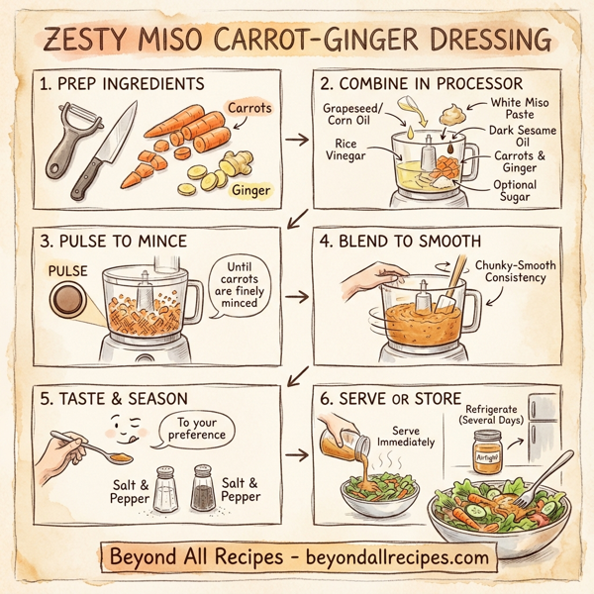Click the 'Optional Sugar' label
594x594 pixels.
[516, 191]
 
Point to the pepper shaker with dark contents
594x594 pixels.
[202, 488]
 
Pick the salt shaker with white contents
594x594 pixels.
[165, 489]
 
